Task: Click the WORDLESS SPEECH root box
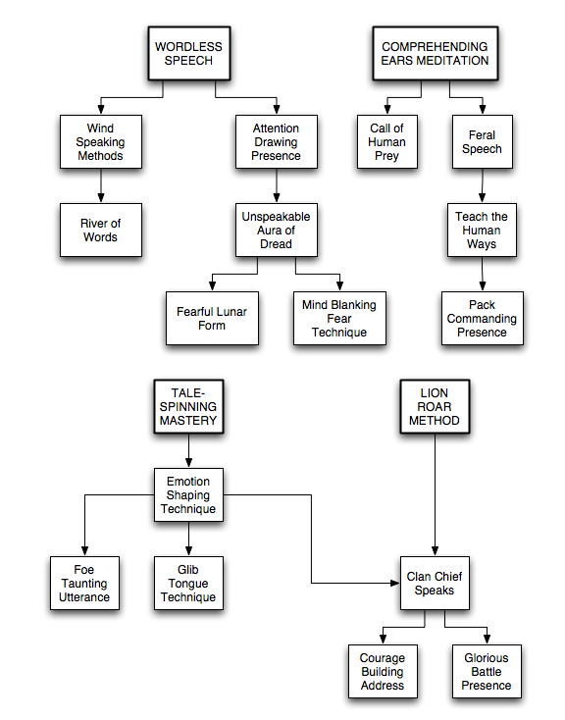[x=188, y=53]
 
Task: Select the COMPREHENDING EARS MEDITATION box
[x=435, y=53]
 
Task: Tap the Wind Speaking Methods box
[x=101, y=142]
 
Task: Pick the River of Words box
[x=101, y=231]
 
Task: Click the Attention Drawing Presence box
[x=276, y=142]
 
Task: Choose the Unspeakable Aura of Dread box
[x=276, y=231]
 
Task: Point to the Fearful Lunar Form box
[x=212, y=318]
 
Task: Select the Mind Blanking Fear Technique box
[x=339, y=318]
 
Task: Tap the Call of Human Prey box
[x=387, y=142]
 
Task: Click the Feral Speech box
[x=483, y=142]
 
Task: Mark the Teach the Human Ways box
[x=482, y=231]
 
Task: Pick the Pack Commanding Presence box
[x=483, y=318]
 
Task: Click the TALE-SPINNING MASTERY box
[x=188, y=406]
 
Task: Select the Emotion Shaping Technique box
[x=188, y=495]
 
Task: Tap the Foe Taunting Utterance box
[x=84, y=584]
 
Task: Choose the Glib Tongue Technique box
[x=188, y=584]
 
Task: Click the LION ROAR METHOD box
[x=435, y=406]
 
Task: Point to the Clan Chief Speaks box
[x=435, y=584]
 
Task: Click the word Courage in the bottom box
[x=383, y=658]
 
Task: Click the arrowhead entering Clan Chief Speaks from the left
[x=395, y=584]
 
